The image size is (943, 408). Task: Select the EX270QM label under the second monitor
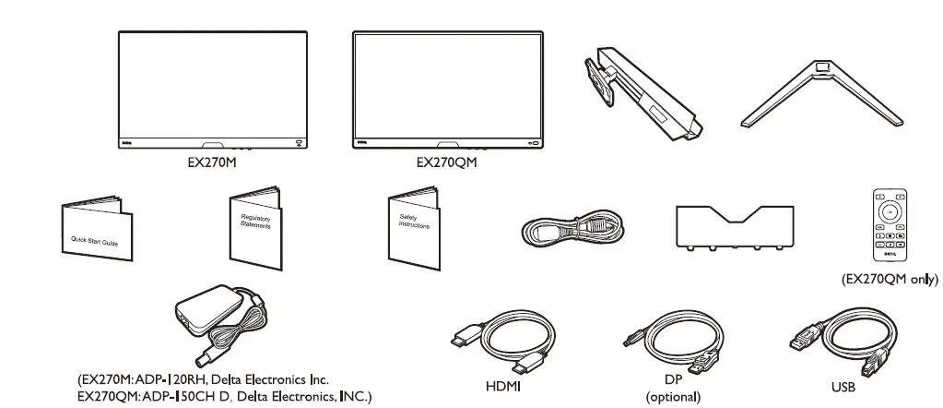pyautogui.click(x=447, y=162)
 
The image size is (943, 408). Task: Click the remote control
pyautogui.click(x=890, y=227)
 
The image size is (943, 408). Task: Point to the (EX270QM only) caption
pyautogui.click(x=890, y=279)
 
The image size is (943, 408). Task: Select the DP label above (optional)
pyautogui.click(x=673, y=380)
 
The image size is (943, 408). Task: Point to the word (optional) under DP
pyautogui.click(x=673, y=397)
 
